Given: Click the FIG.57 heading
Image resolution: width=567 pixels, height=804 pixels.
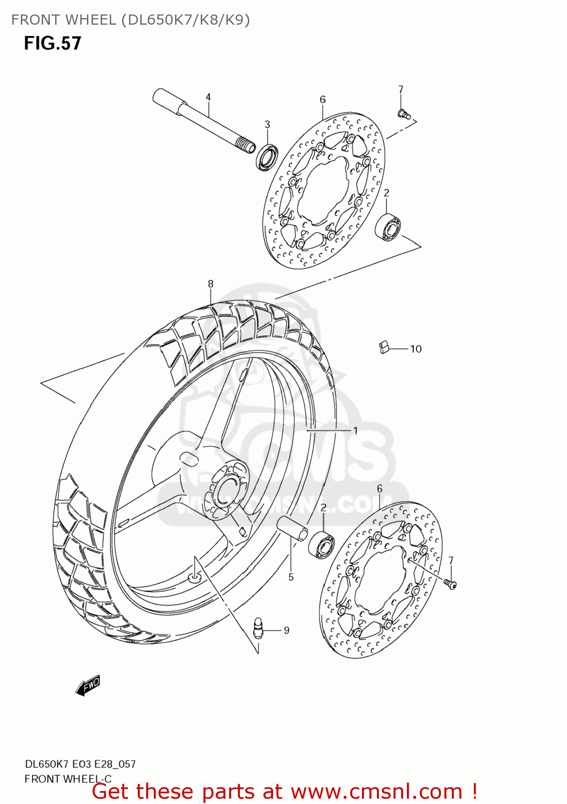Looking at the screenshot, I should point(52,43).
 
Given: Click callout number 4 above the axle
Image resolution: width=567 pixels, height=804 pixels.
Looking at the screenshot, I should point(208,97).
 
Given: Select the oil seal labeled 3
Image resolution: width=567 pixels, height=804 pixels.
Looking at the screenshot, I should point(267,157).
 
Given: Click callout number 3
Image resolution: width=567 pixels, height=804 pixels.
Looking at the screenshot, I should point(267,124).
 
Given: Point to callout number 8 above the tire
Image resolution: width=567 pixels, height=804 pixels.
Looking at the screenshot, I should point(210,284).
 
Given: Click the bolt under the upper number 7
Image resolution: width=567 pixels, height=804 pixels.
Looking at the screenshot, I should point(403,113).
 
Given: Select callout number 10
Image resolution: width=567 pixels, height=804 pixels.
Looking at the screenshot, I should point(416,349).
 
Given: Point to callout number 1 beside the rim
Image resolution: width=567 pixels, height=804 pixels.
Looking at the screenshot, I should point(355,430).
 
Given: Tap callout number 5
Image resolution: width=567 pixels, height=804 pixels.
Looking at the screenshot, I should point(291,577).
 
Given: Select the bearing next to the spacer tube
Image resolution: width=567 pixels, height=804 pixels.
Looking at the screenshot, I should point(321,545).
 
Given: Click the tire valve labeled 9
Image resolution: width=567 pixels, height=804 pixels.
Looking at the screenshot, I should point(259,628).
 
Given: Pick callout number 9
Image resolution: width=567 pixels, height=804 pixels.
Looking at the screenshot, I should point(286,630).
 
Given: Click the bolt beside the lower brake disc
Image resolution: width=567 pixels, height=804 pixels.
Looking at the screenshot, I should point(450,583).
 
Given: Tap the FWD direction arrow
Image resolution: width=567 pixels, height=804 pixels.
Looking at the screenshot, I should point(88,686).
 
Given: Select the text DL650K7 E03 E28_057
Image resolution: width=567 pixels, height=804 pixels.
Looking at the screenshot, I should point(80,764).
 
